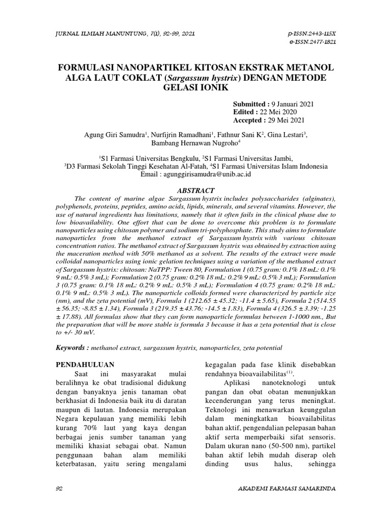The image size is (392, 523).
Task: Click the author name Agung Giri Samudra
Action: pyautogui.click(x=113, y=134)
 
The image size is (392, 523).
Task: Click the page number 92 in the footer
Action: pyautogui.click(x=58, y=488)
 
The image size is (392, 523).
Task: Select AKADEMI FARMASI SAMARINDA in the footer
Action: pyautogui.click(x=287, y=488)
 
